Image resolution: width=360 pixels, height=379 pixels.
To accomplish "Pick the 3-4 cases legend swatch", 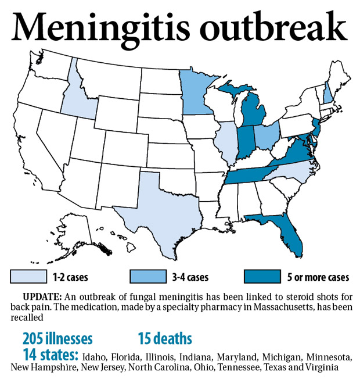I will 149,277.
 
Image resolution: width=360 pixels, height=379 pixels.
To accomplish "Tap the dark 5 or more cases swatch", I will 270,277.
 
